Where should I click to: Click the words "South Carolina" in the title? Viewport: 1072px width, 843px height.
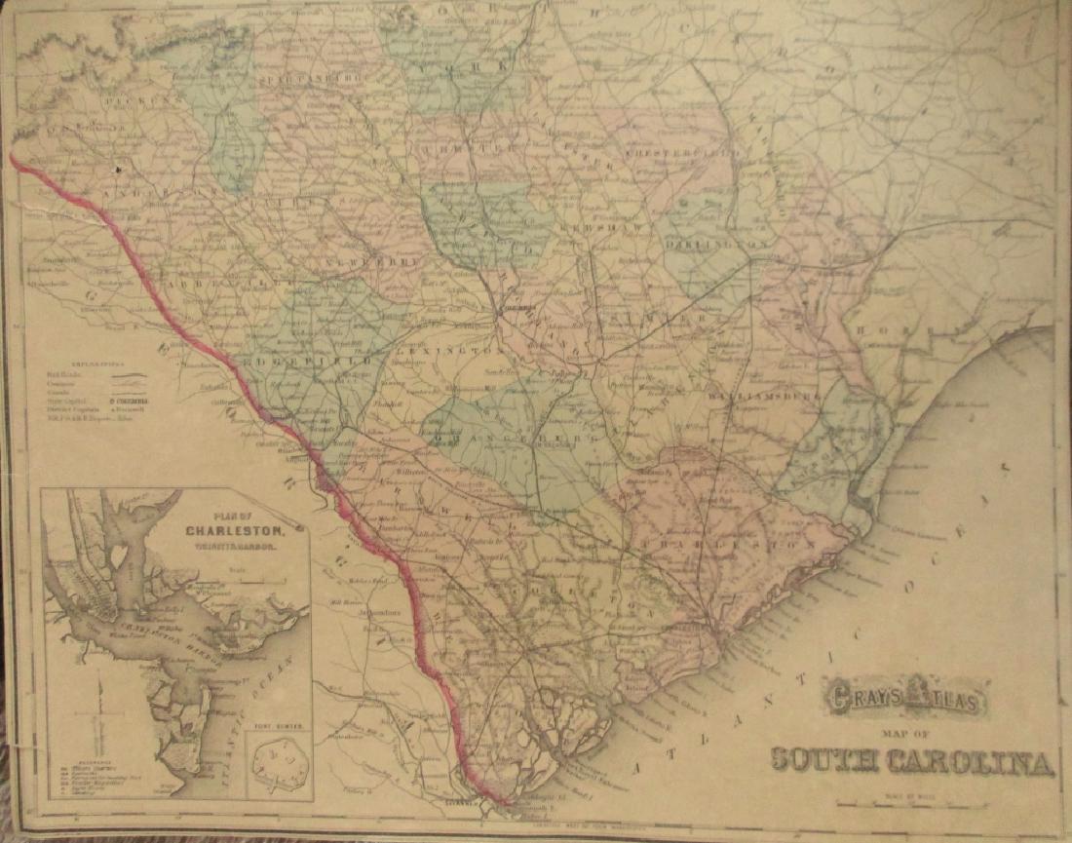coord(912,759)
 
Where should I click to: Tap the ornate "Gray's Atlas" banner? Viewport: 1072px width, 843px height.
coord(905,697)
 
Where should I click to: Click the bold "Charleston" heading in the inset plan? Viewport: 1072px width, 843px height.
coord(238,531)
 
